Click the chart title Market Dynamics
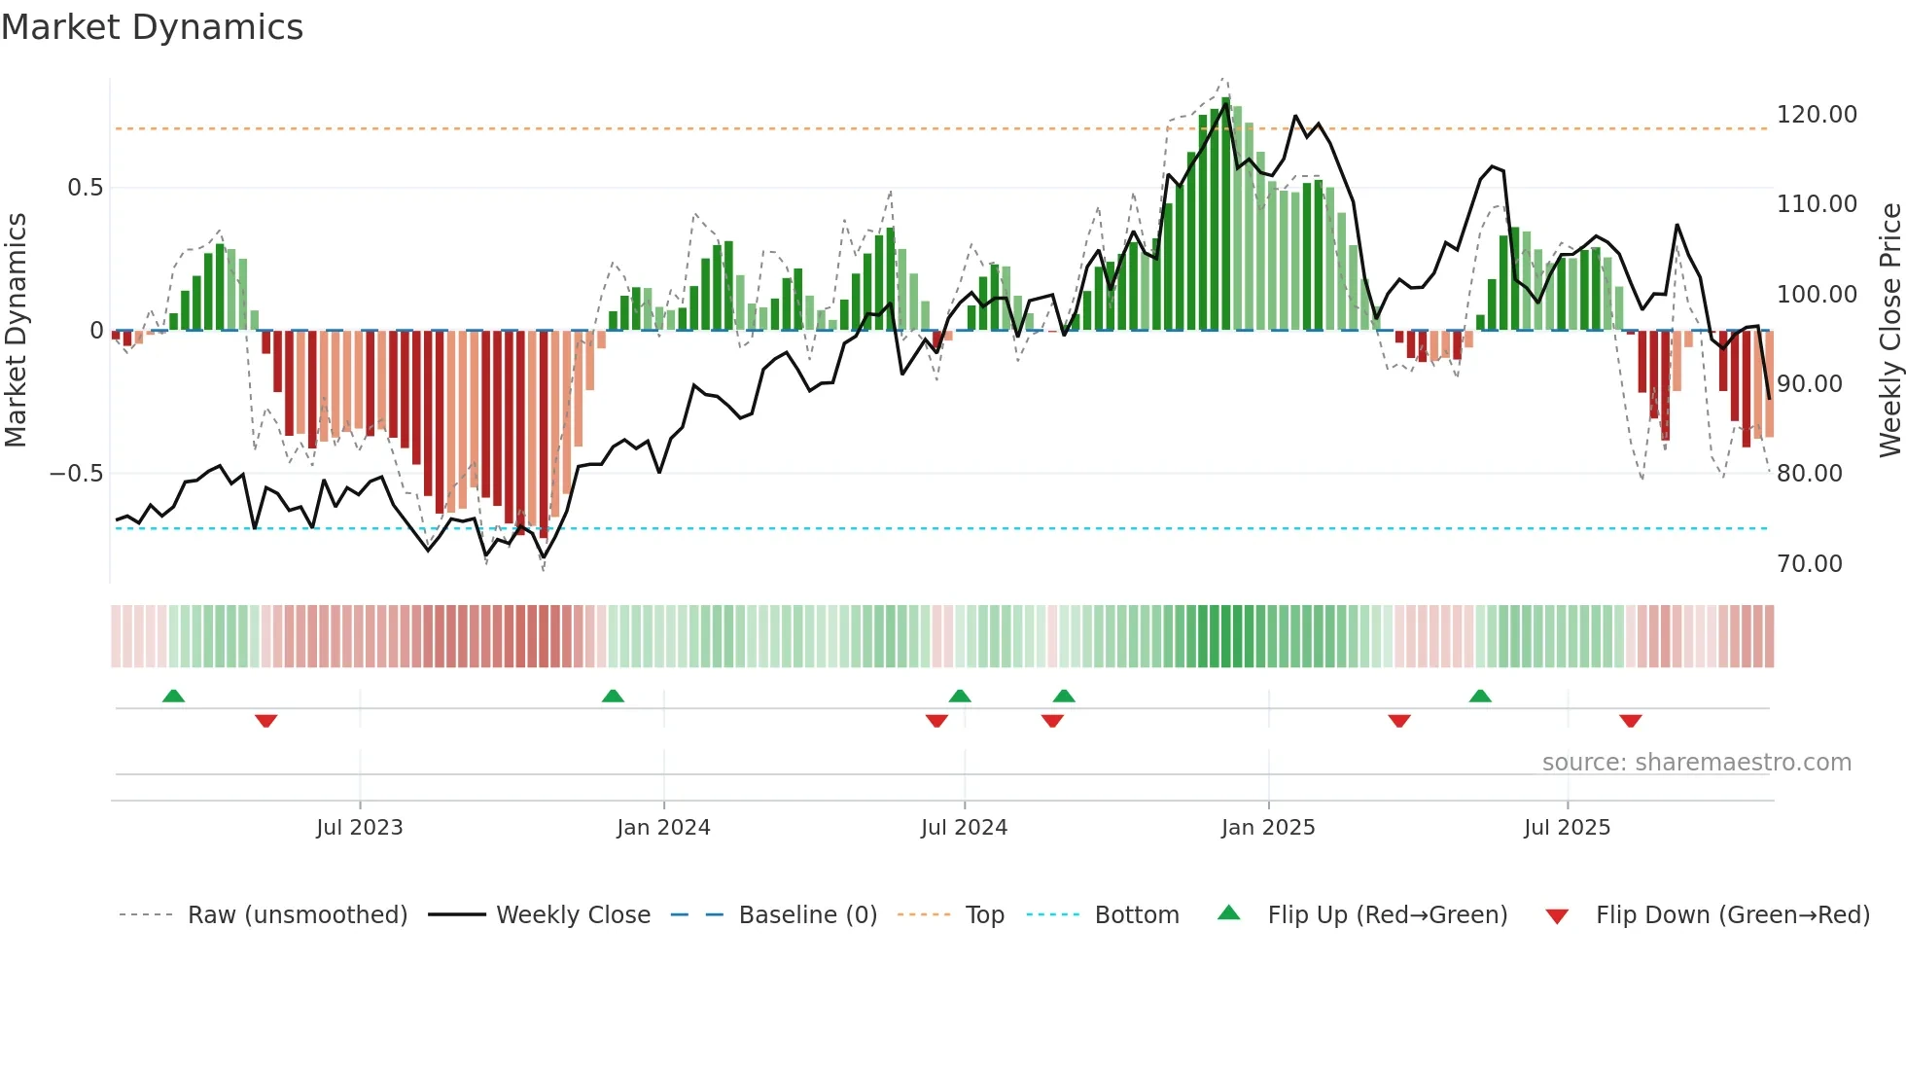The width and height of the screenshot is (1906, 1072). click(153, 27)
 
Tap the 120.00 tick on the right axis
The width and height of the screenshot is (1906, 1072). click(1817, 115)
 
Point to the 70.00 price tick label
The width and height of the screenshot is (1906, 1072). click(1809, 564)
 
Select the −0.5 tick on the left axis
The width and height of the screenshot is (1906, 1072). click(76, 474)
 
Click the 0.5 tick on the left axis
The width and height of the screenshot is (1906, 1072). click(85, 188)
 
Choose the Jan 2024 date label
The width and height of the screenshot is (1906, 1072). click(663, 828)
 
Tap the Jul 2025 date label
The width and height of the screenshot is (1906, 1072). click(1567, 828)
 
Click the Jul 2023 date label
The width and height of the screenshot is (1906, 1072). click(359, 828)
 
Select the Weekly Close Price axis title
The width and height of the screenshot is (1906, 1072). click(1889, 330)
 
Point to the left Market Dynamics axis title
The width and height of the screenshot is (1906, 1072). click(16, 330)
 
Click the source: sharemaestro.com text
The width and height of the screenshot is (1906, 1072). click(1696, 763)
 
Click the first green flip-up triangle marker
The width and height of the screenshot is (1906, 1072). click(173, 697)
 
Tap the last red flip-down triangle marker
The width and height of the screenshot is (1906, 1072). click(1631, 721)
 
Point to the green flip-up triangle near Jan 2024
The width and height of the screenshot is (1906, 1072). click(613, 697)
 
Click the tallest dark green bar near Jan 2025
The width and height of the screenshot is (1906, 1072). click(1225, 214)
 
